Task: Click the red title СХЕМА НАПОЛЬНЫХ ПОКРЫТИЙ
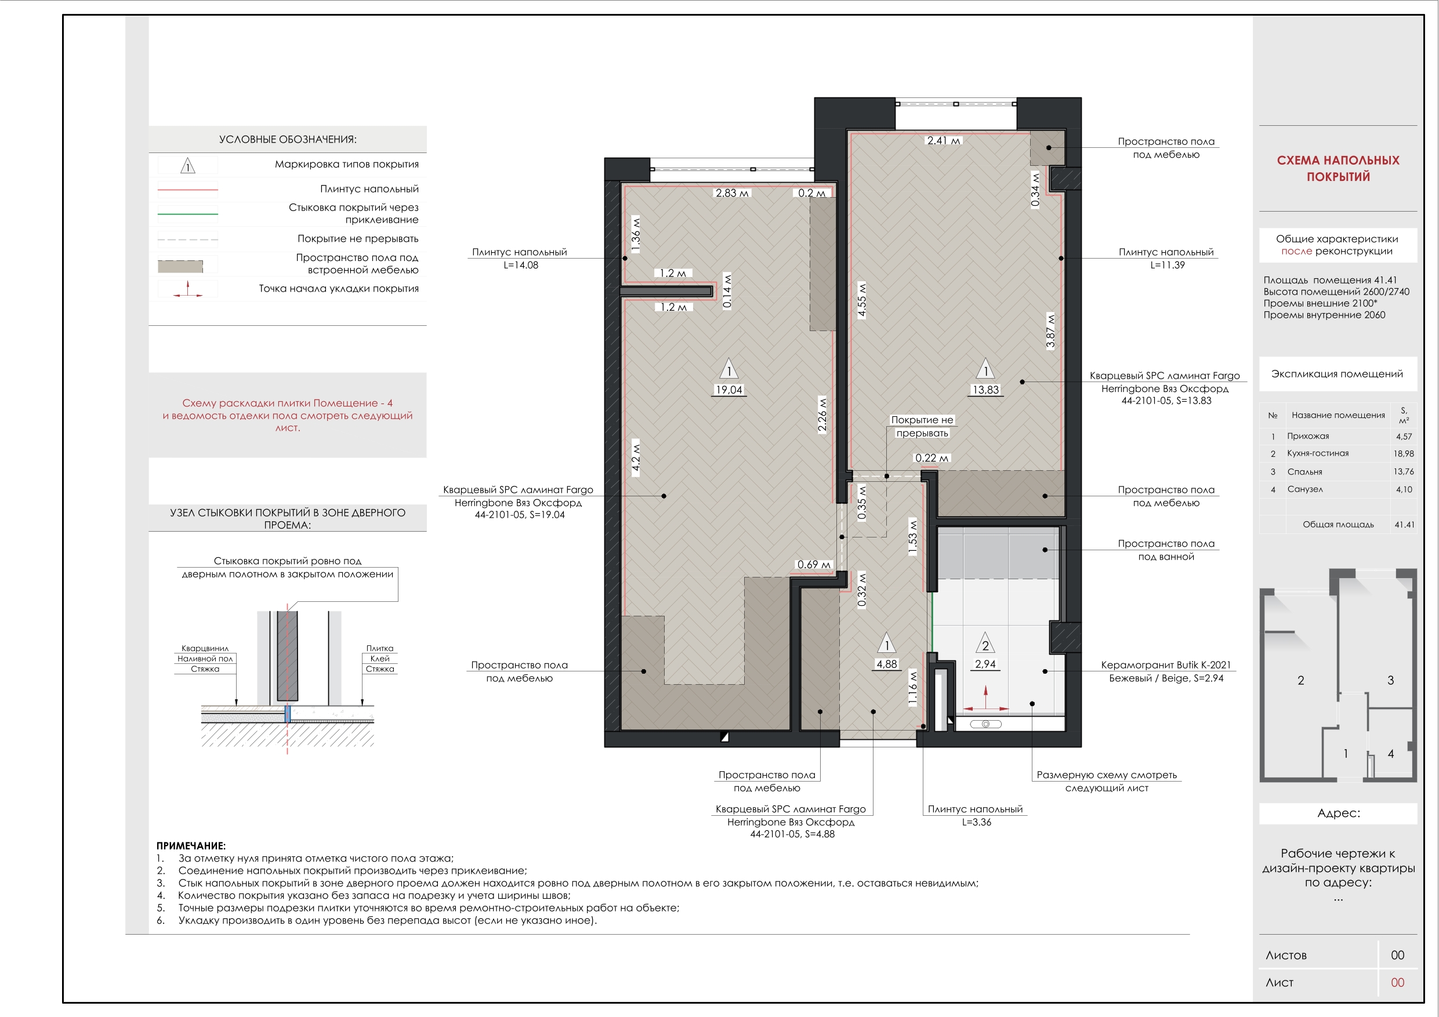tap(1337, 169)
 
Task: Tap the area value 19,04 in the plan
tap(729, 390)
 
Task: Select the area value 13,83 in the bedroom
tap(985, 390)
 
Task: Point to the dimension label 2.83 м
tap(732, 193)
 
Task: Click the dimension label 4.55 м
tap(862, 300)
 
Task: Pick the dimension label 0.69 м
tap(814, 565)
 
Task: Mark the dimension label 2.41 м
tap(943, 140)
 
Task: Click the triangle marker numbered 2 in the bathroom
tap(985, 642)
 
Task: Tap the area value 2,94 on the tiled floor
tap(985, 664)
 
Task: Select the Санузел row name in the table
tap(1305, 489)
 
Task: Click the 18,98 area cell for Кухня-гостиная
tap(1403, 453)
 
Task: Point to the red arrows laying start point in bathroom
tap(985, 700)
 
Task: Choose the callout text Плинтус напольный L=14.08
tap(520, 258)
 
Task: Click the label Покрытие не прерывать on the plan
tap(922, 427)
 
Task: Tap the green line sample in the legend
tap(187, 215)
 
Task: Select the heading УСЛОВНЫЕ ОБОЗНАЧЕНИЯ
tap(288, 140)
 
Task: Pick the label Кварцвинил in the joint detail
tap(205, 649)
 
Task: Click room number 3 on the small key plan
tap(1391, 681)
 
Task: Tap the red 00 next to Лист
tap(1398, 983)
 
